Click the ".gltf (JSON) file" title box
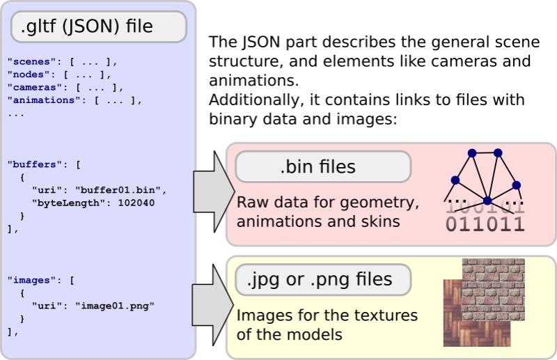pyautogui.click(x=98, y=27)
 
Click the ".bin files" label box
pyautogui.click(x=323, y=167)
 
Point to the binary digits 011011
pyautogui.click(x=485, y=224)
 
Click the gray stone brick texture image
pyautogui.click(x=494, y=285)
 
